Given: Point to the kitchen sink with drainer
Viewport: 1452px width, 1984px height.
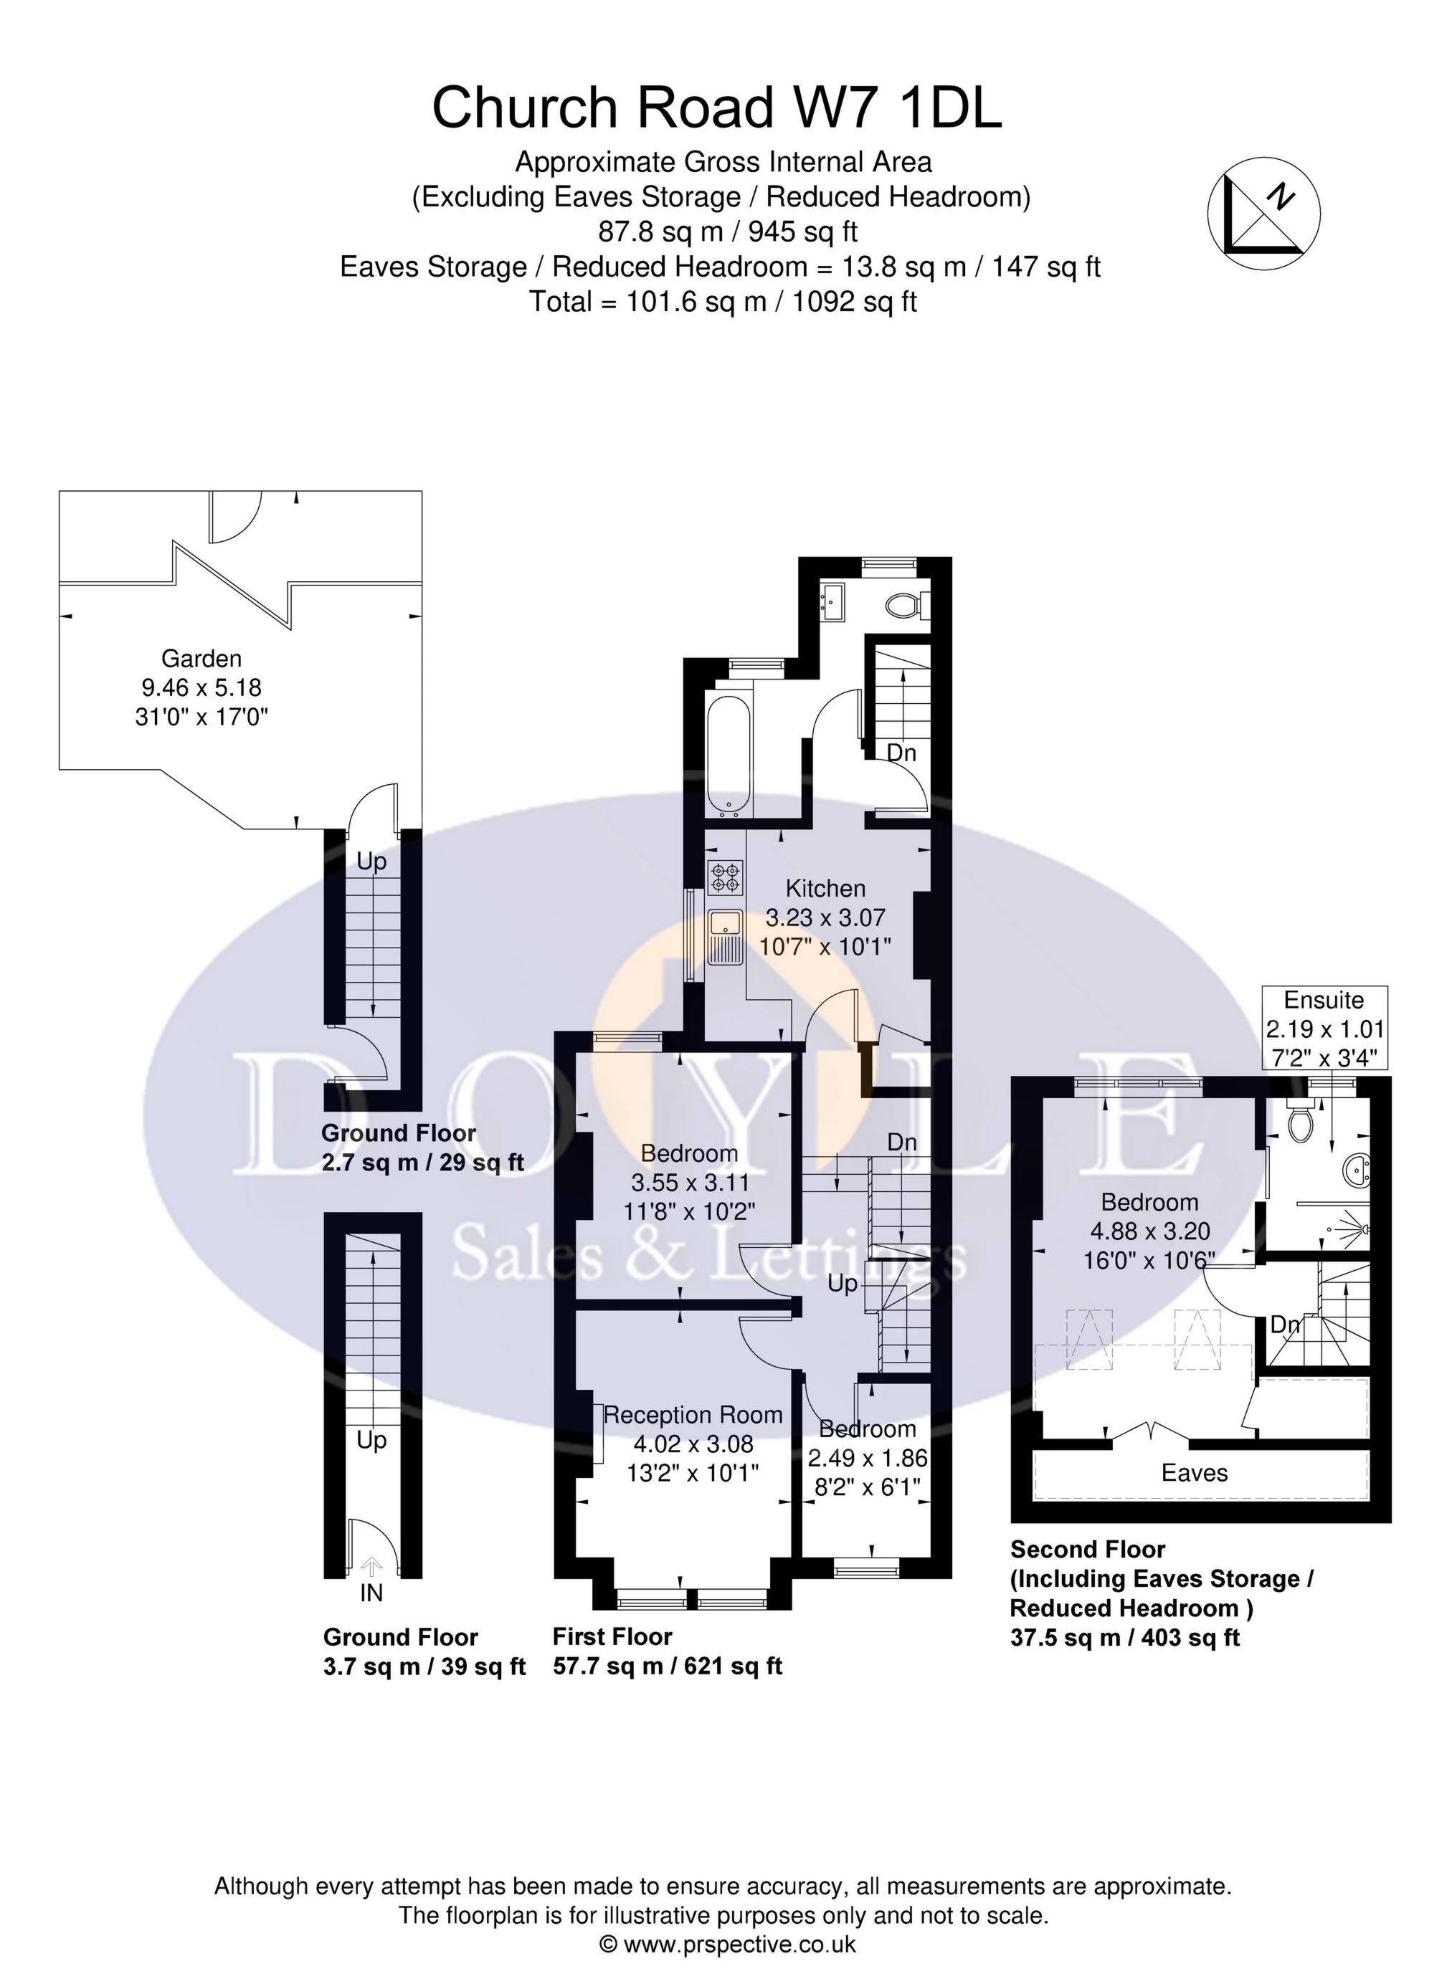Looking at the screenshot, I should (x=726, y=937).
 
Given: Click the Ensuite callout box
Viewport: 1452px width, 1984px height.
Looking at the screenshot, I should (x=1324, y=1027).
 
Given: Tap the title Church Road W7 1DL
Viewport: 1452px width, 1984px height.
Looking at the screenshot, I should (x=716, y=108).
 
